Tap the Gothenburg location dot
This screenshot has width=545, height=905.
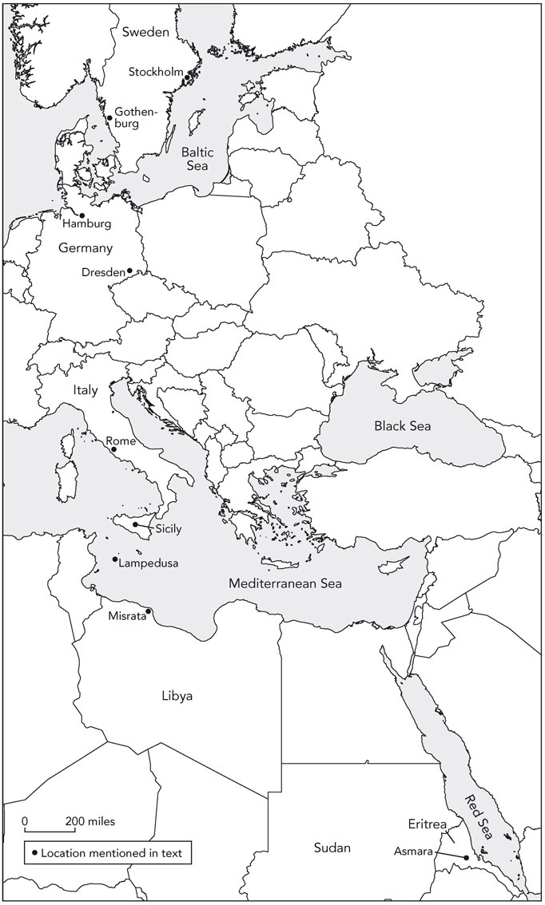pos(109,118)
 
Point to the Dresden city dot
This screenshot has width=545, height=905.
pos(129,271)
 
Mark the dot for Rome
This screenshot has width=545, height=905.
pos(113,449)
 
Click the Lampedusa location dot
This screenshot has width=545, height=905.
pos(115,559)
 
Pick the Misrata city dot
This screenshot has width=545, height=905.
pos(149,611)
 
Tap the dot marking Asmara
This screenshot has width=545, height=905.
pos(466,858)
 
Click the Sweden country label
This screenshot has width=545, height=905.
pos(145,32)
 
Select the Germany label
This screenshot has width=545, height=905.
pos(86,248)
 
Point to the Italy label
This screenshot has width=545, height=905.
pos(85,390)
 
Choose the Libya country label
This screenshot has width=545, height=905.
pos(177,696)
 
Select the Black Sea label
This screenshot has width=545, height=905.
pos(402,426)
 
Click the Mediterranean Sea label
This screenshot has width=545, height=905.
pos(285,583)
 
